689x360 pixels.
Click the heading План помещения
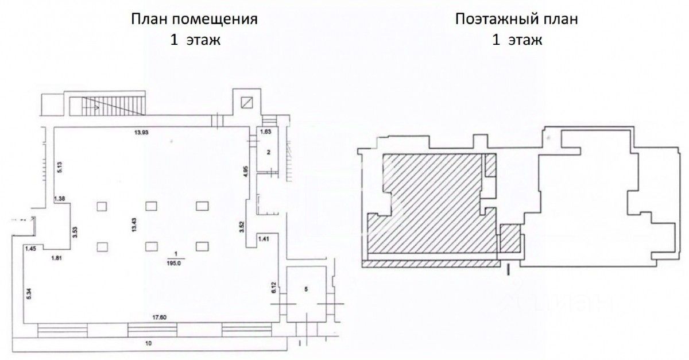coord(194,19)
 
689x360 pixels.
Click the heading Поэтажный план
coord(516,19)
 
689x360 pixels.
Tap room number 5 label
coord(306,289)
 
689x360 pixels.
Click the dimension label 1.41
coord(264,238)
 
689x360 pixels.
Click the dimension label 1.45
coord(30,248)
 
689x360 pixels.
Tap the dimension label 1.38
coord(59,198)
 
